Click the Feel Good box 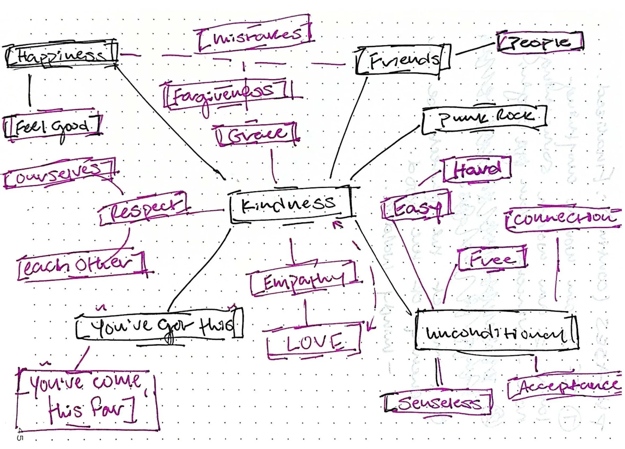pyautogui.click(x=52, y=126)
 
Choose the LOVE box pyautogui.click(x=314, y=341)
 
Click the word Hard pyautogui.click(x=477, y=168)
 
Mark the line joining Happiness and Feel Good pyautogui.click(x=30, y=90)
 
